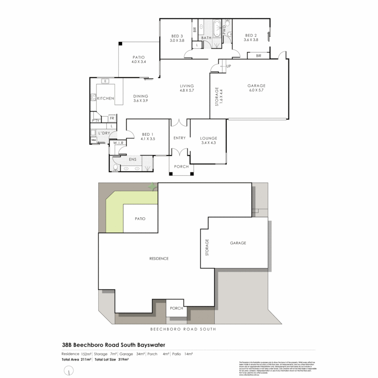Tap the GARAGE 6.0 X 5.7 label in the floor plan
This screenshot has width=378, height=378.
(256, 88)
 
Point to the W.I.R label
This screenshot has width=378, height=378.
(118, 143)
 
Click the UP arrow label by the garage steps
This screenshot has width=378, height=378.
(229, 66)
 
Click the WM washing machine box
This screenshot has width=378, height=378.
(93, 140)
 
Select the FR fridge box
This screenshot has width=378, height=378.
(112, 118)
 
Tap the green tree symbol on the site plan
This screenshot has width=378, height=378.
(152, 187)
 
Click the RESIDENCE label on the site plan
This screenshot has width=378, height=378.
(159, 259)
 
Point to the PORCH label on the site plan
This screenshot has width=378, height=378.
(176, 308)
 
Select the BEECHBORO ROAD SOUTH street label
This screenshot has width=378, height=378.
(183, 329)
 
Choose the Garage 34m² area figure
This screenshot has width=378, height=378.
(132, 354)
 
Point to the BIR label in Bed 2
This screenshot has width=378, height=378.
(259, 56)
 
